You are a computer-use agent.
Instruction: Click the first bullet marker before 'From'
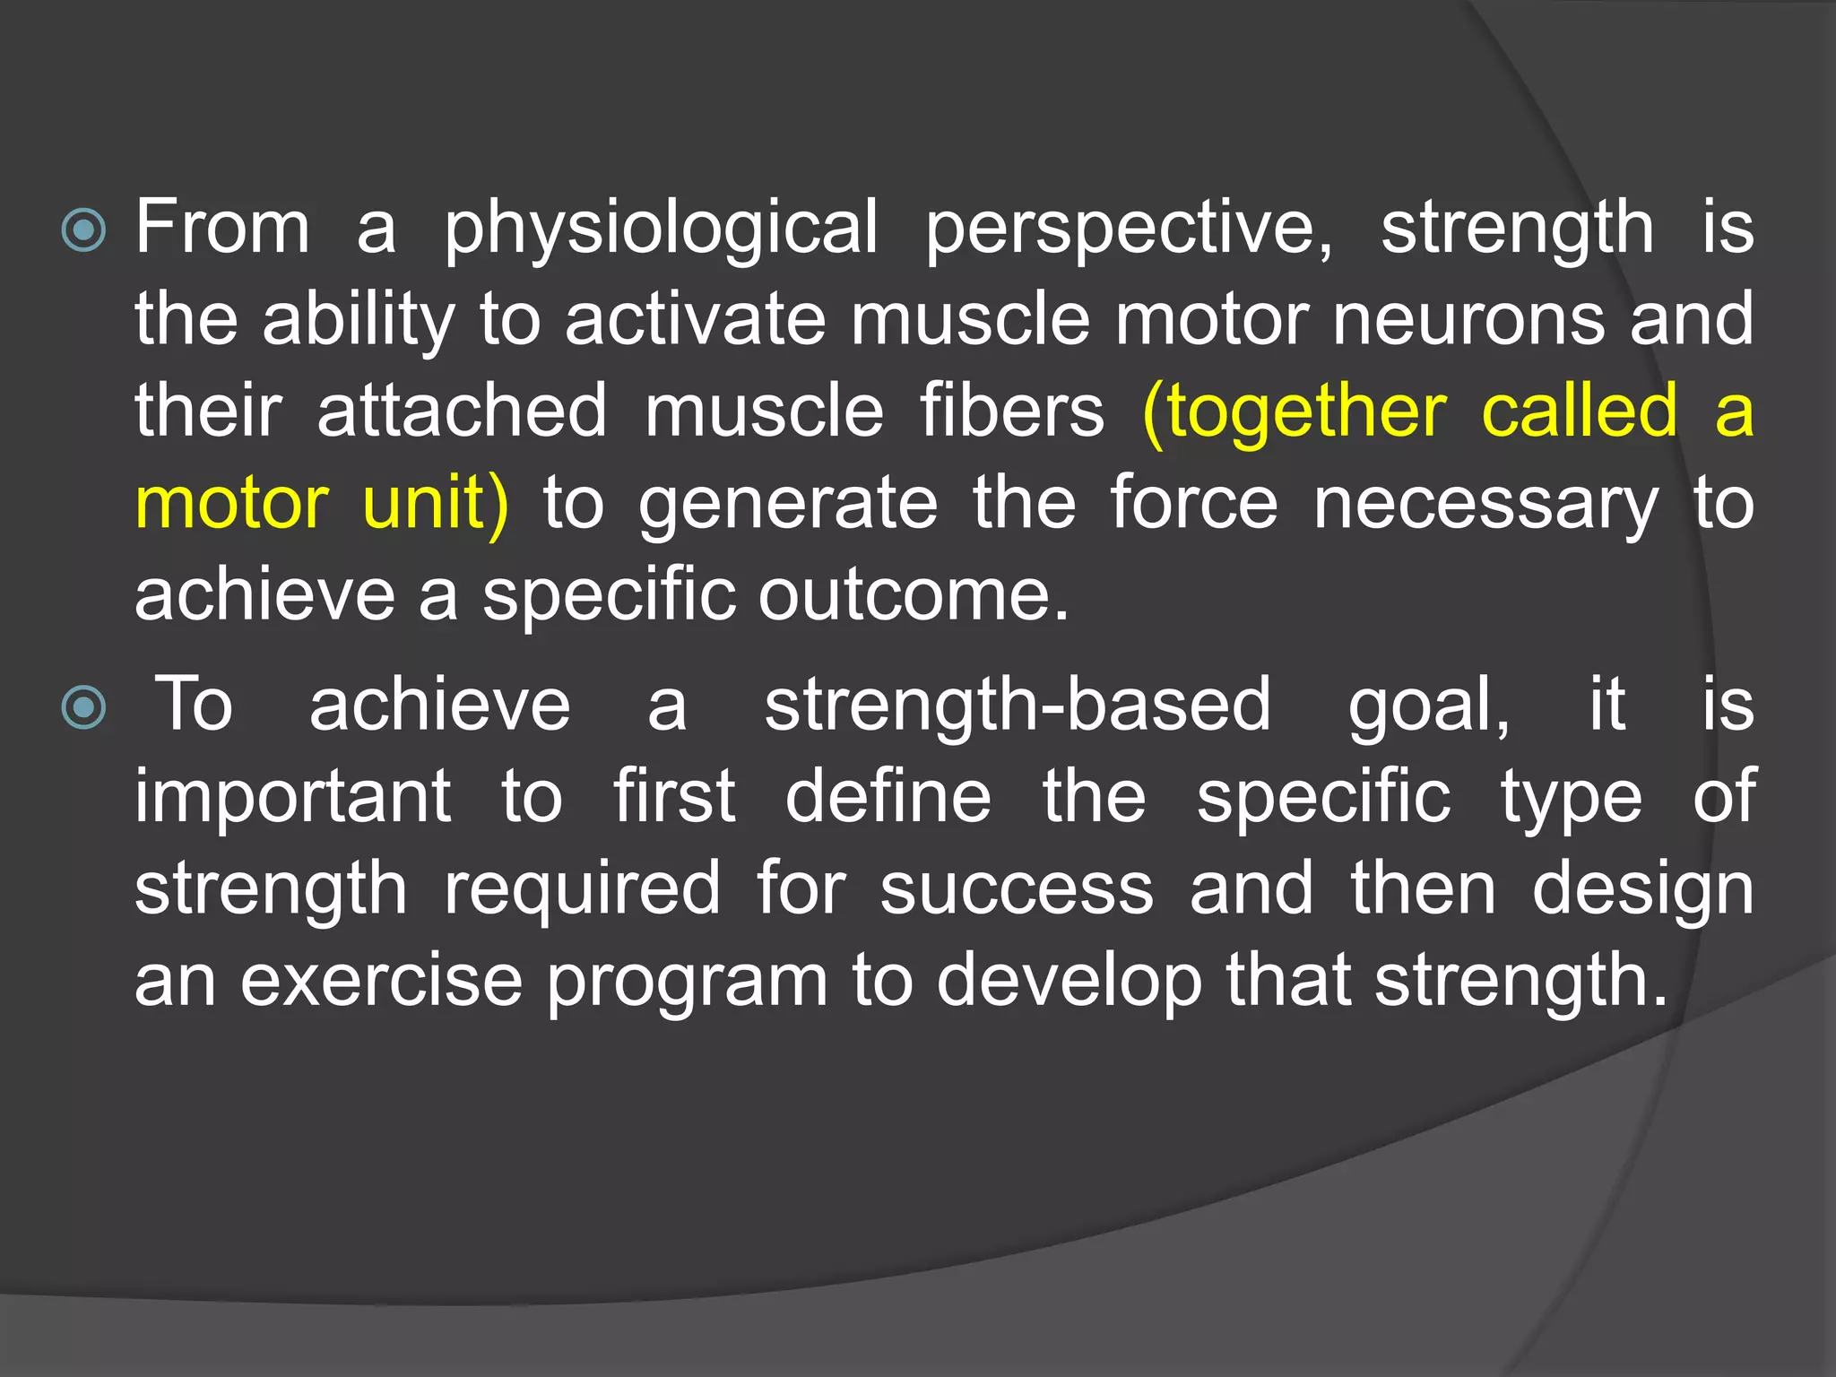pyautogui.click(x=84, y=230)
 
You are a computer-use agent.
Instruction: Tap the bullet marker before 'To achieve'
pyautogui.click(x=84, y=707)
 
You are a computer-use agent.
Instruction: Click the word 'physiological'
pyautogui.click(x=661, y=229)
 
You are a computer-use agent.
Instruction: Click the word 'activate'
pyautogui.click(x=695, y=320)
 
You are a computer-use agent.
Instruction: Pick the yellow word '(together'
pyautogui.click(x=1295, y=411)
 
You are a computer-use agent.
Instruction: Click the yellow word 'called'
pyautogui.click(x=1580, y=411)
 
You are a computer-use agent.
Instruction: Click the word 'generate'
pyautogui.click(x=788, y=505)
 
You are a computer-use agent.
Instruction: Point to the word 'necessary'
pyautogui.click(x=1485, y=505)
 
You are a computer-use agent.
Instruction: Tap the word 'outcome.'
pyautogui.click(x=914, y=595)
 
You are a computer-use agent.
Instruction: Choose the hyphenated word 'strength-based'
pyautogui.click(x=1018, y=706)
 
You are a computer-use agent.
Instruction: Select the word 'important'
pyautogui.click(x=293, y=797)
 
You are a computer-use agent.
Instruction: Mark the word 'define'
pyautogui.click(x=888, y=797)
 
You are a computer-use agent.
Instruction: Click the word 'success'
pyautogui.click(x=1017, y=889)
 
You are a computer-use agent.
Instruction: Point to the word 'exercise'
pyautogui.click(x=381, y=981)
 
